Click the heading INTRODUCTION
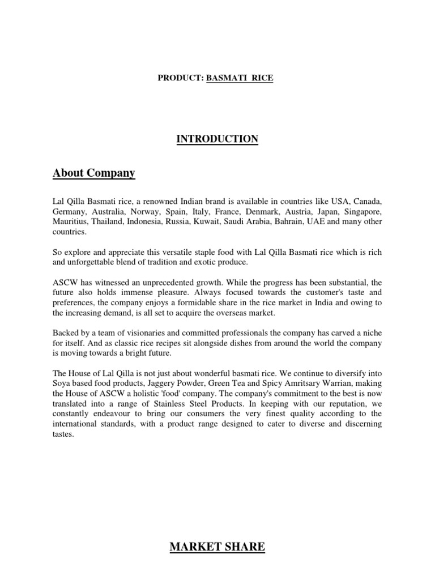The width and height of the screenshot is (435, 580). coord(217,139)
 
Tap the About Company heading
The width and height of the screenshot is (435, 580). coord(94,173)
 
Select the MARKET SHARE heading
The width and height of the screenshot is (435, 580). coord(217,547)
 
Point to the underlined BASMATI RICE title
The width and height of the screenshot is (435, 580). coord(240,78)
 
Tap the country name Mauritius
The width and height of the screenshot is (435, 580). coord(71,222)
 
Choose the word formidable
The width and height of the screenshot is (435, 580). coord(231,292)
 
